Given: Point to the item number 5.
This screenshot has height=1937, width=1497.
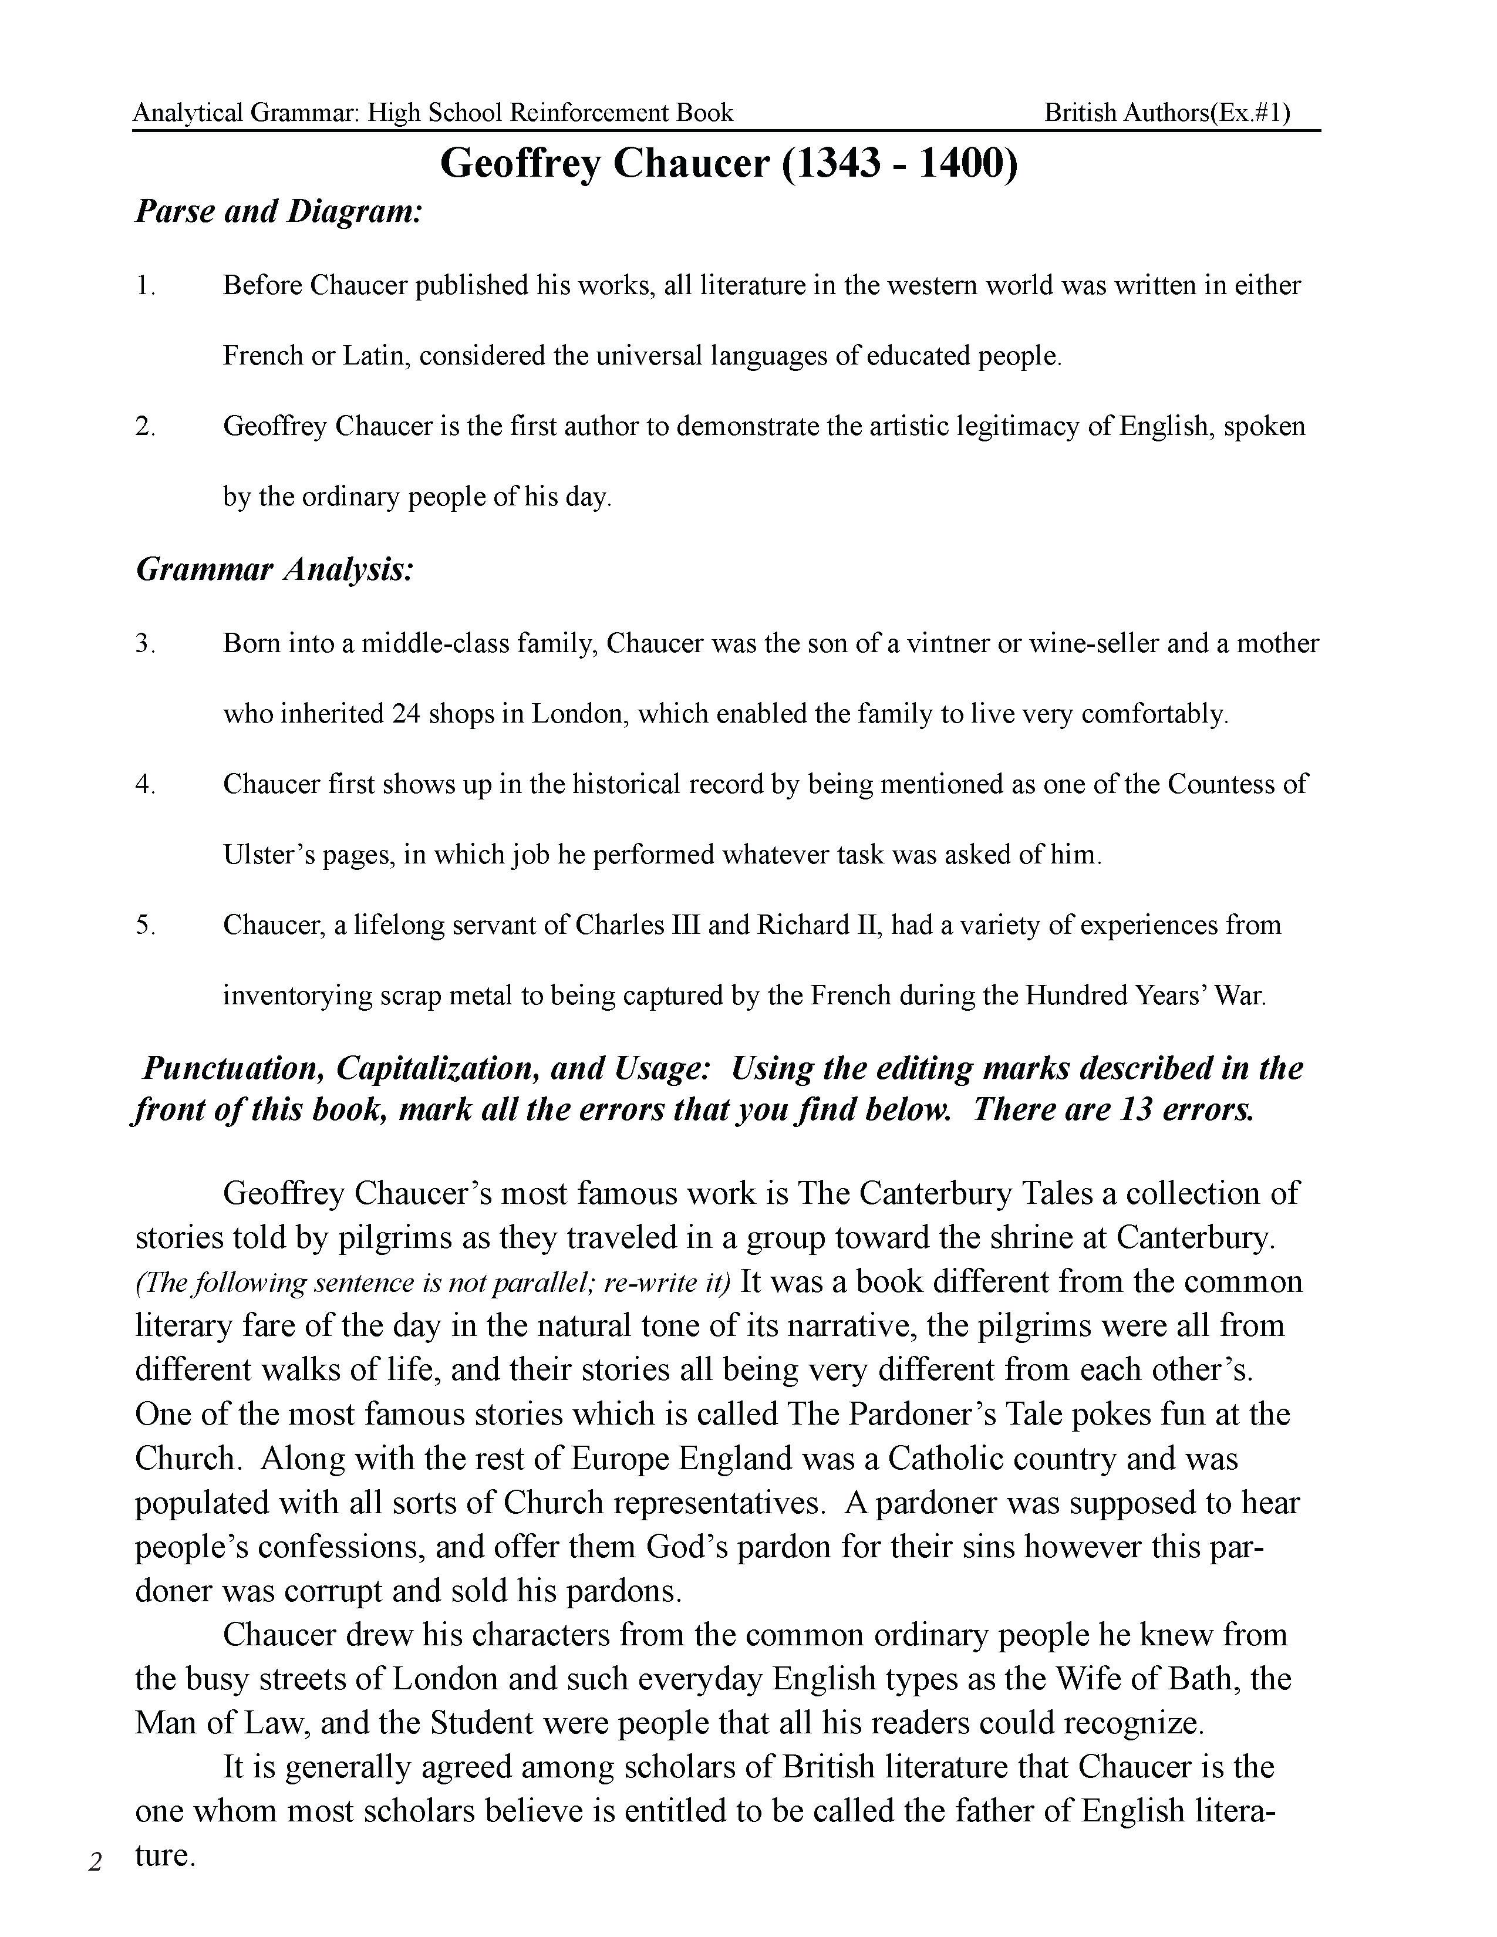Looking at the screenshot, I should point(146,925).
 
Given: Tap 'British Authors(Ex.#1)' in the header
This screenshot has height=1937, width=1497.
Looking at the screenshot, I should point(1167,113).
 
